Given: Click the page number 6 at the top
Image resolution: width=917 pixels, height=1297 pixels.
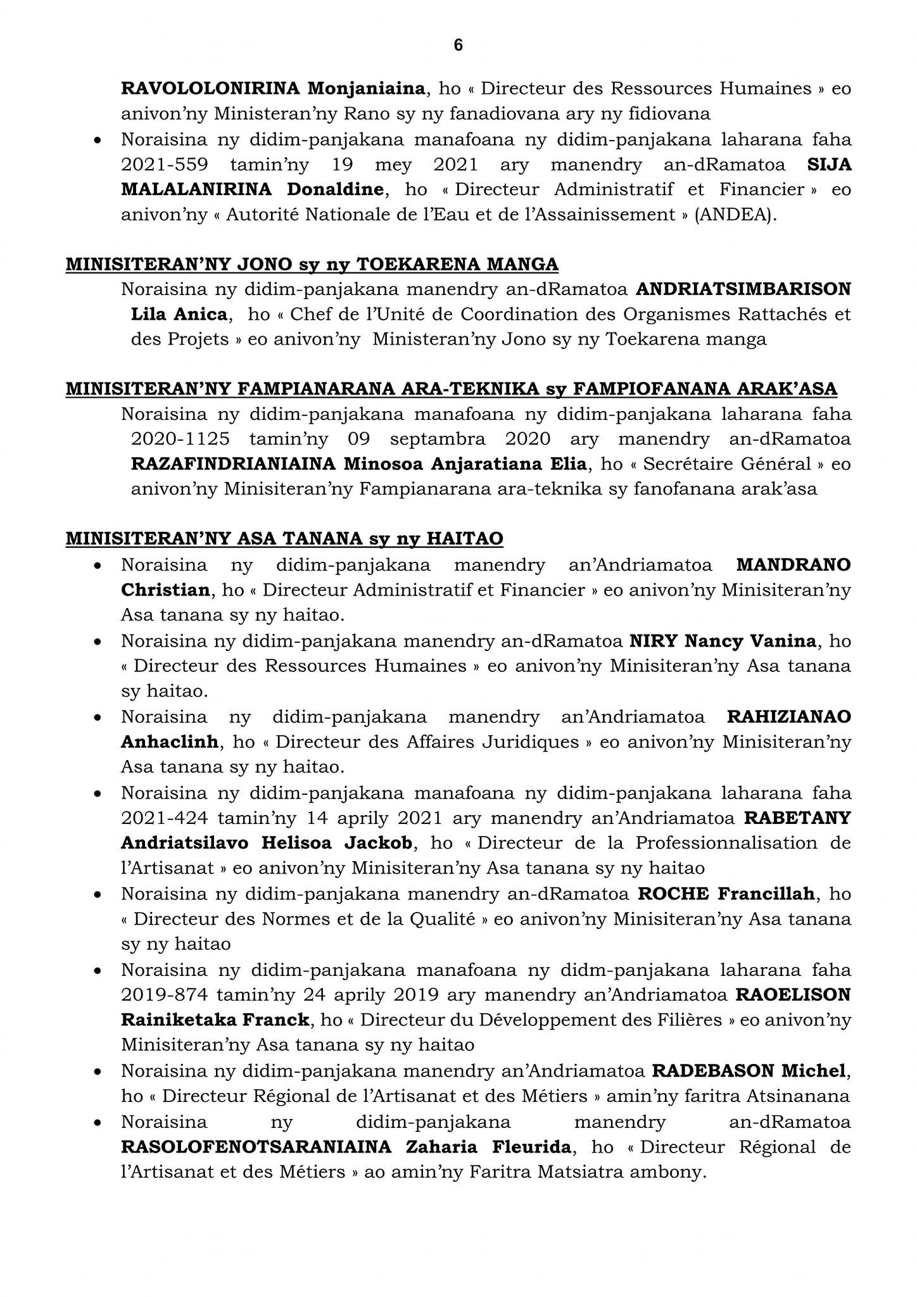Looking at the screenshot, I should [x=458, y=46].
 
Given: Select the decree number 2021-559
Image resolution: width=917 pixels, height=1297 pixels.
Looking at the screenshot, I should [x=165, y=165].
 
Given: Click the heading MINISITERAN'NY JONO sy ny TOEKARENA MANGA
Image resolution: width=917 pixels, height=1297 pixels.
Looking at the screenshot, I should [x=312, y=264].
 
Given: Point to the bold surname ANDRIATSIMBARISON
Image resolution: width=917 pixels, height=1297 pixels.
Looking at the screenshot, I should [x=743, y=289].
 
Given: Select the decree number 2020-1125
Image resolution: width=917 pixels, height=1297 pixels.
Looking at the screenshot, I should [x=180, y=439].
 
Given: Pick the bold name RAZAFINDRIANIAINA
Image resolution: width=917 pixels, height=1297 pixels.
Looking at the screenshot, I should [x=232, y=464].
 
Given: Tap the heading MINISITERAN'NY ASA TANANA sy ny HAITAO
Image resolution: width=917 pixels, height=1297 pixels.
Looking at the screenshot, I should [x=284, y=539].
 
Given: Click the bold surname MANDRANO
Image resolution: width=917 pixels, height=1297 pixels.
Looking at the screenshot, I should [x=794, y=565].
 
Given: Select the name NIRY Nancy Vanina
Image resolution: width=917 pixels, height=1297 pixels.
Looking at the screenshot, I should [x=722, y=641].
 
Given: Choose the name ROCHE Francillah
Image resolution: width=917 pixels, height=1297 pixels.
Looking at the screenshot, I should [x=726, y=894].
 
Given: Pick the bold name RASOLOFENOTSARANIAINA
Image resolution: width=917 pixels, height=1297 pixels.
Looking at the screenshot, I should [x=256, y=1147].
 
